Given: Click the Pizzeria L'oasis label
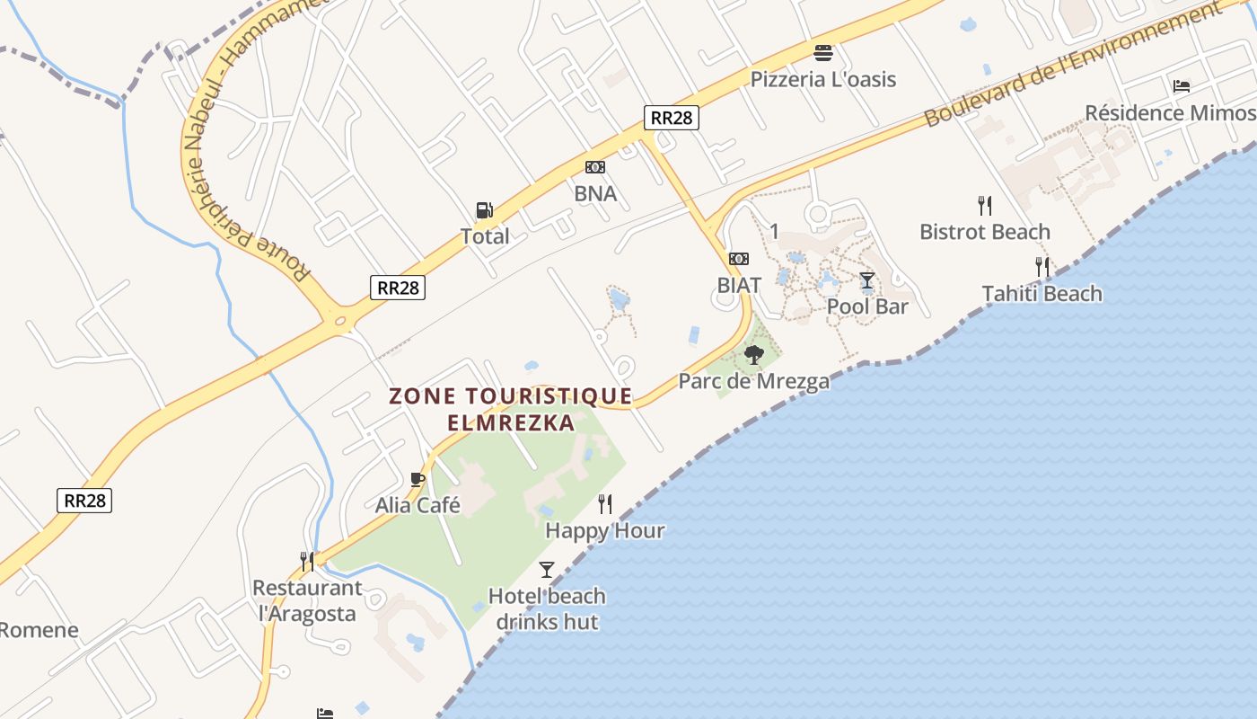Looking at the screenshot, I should pyautogui.click(x=823, y=79).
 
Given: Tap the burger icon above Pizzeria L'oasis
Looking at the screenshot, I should pyautogui.click(x=823, y=52).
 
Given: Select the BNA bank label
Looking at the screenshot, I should pyautogui.click(x=595, y=193).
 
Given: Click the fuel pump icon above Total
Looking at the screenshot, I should pyautogui.click(x=484, y=210).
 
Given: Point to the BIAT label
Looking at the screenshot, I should pyautogui.click(x=739, y=285).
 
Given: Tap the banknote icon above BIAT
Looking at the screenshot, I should pyautogui.click(x=739, y=259).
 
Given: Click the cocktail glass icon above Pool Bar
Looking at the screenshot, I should pyautogui.click(x=866, y=280).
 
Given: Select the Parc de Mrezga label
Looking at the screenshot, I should pyautogui.click(x=753, y=381).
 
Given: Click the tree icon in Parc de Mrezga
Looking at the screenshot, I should pyautogui.click(x=753, y=355).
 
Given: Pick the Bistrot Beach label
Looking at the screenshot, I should pyautogui.click(x=984, y=232).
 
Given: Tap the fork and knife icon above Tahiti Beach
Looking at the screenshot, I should pyautogui.click(x=1042, y=266).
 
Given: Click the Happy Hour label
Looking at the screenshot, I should pyautogui.click(x=605, y=530).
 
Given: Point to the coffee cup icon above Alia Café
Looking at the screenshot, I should pyautogui.click(x=417, y=479).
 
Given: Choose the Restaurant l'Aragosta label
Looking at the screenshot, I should pyautogui.click(x=307, y=601).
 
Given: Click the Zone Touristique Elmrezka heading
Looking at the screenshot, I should pyautogui.click(x=511, y=409).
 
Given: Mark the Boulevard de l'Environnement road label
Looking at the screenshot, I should pyautogui.click(x=1074, y=62).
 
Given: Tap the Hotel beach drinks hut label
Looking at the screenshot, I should pyautogui.click(x=547, y=608).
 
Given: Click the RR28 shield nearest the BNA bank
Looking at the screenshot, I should pyautogui.click(x=671, y=118).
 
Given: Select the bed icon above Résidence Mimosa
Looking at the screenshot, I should pyautogui.click(x=1182, y=86).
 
